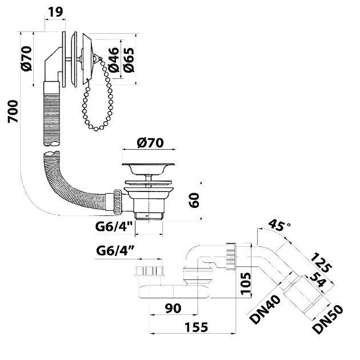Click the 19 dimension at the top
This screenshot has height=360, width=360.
click(x=55, y=12)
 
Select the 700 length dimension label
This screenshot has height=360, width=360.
click(x=13, y=111)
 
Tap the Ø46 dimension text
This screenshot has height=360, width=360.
click(x=113, y=60)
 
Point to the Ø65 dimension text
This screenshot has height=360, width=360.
click(x=129, y=60)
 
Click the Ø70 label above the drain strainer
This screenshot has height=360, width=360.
click(x=150, y=143)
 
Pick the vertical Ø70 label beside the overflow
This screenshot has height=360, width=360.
click(x=26, y=58)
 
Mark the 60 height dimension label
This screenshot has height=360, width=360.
click(x=194, y=201)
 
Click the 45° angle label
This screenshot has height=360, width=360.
click(x=279, y=226)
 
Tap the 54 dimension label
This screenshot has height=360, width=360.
click(x=318, y=280)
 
